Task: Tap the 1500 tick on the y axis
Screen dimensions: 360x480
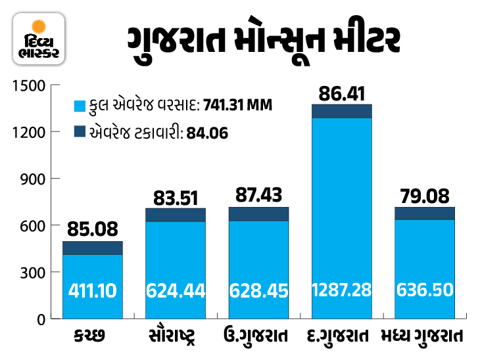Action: (28, 85)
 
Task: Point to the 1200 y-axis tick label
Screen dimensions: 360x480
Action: (28, 132)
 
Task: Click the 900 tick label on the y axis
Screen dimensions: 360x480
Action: (32, 179)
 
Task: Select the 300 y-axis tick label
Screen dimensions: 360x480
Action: (32, 272)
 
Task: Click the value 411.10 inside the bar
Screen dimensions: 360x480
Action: (93, 290)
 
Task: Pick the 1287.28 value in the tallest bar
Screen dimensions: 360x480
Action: (342, 290)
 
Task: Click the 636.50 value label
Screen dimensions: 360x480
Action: (425, 290)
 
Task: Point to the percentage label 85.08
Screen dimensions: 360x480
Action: (93, 230)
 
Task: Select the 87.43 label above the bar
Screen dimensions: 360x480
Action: (259, 196)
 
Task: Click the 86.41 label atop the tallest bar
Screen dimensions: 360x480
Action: (342, 93)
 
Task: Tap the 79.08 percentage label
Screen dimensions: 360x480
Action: (425, 196)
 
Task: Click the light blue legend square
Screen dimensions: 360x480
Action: (80, 105)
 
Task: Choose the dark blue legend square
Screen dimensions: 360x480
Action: (80, 131)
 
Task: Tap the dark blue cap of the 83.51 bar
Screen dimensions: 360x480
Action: (176, 215)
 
